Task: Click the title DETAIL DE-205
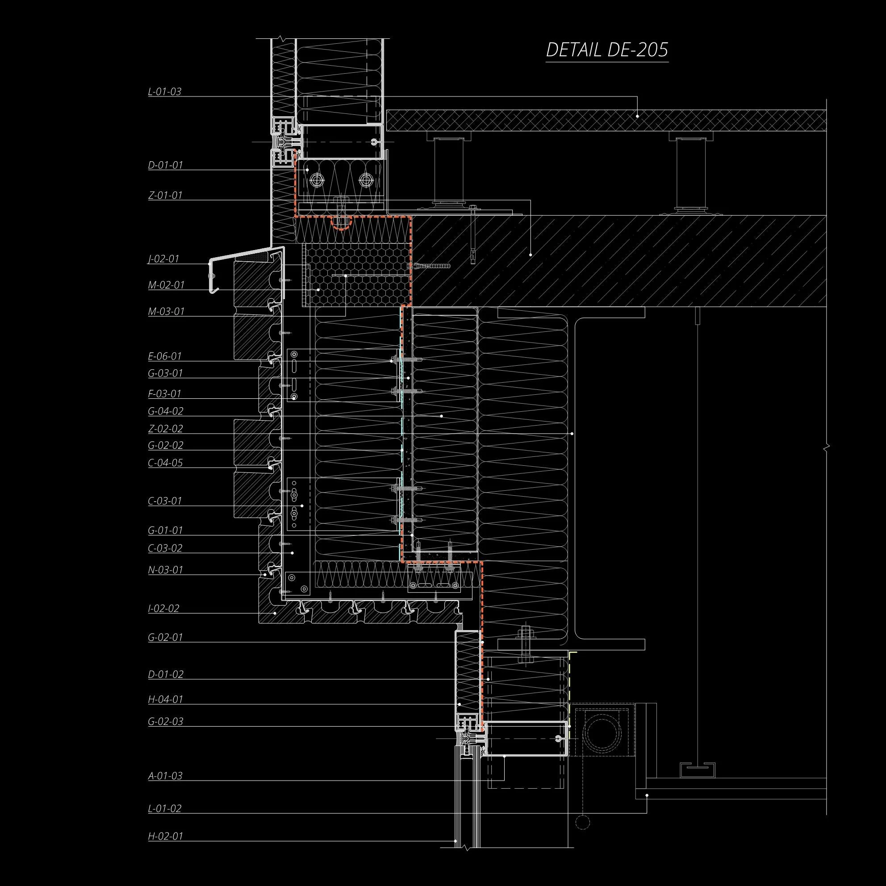tap(607, 50)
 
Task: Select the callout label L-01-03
tap(165, 91)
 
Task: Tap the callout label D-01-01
tap(166, 165)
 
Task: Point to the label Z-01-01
tap(165, 195)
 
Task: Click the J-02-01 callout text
tap(163, 259)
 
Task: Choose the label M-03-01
tap(166, 312)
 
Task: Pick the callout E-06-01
tap(165, 356)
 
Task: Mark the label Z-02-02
tap(166, 429)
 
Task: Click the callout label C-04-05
tap(166, 463)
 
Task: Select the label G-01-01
tap(166, 530)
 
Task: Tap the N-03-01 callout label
tap(166, 570)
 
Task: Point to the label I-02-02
tap(164, 609)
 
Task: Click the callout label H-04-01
tap(166, 700)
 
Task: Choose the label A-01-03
tap(165, 776)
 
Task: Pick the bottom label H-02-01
tap(166, 836)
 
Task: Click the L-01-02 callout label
tap(165, 808)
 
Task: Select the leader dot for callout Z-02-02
tap(572, 433)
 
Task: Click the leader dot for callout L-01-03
tap(637, 117)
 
